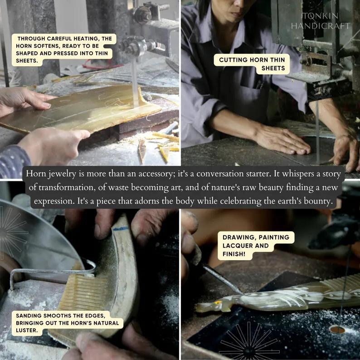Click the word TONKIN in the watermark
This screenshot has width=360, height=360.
point(320,16)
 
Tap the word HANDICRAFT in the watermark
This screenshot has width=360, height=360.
point(321,26)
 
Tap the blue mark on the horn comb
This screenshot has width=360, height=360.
point(121,229)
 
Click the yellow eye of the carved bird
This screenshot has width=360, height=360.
point(216,303)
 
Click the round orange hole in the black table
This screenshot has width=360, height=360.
point(337,330)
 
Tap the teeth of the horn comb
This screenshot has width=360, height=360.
point(83,292)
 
